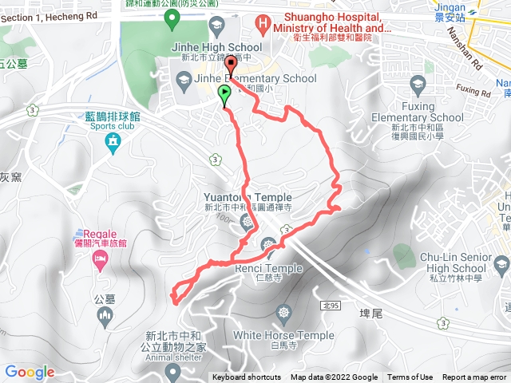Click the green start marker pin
(x=224, y=95)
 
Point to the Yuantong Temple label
(x=248, y=197)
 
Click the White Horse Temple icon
(x=283, y=312)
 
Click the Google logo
(x=29, y=372)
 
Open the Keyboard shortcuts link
(x=247, y=377)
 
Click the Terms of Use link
(x=410, y=377)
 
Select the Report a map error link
(x=475, y=377)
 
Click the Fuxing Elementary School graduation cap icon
(x=418, y=84)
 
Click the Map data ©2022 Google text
(x=334, y=377)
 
